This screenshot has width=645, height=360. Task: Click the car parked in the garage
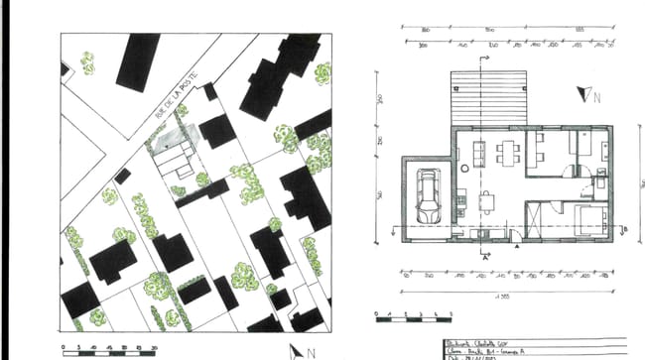pyautogui.click(x=430, y=196)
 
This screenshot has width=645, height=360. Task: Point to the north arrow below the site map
pyautogui.click(x=299, y=350)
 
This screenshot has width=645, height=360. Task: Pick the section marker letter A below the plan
pyautogui.click(x=486, y=255)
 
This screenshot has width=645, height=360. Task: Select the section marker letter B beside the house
pyautogui.click(x=627, y=229)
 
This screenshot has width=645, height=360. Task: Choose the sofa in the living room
pyautogui.click(x=478, y=153)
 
